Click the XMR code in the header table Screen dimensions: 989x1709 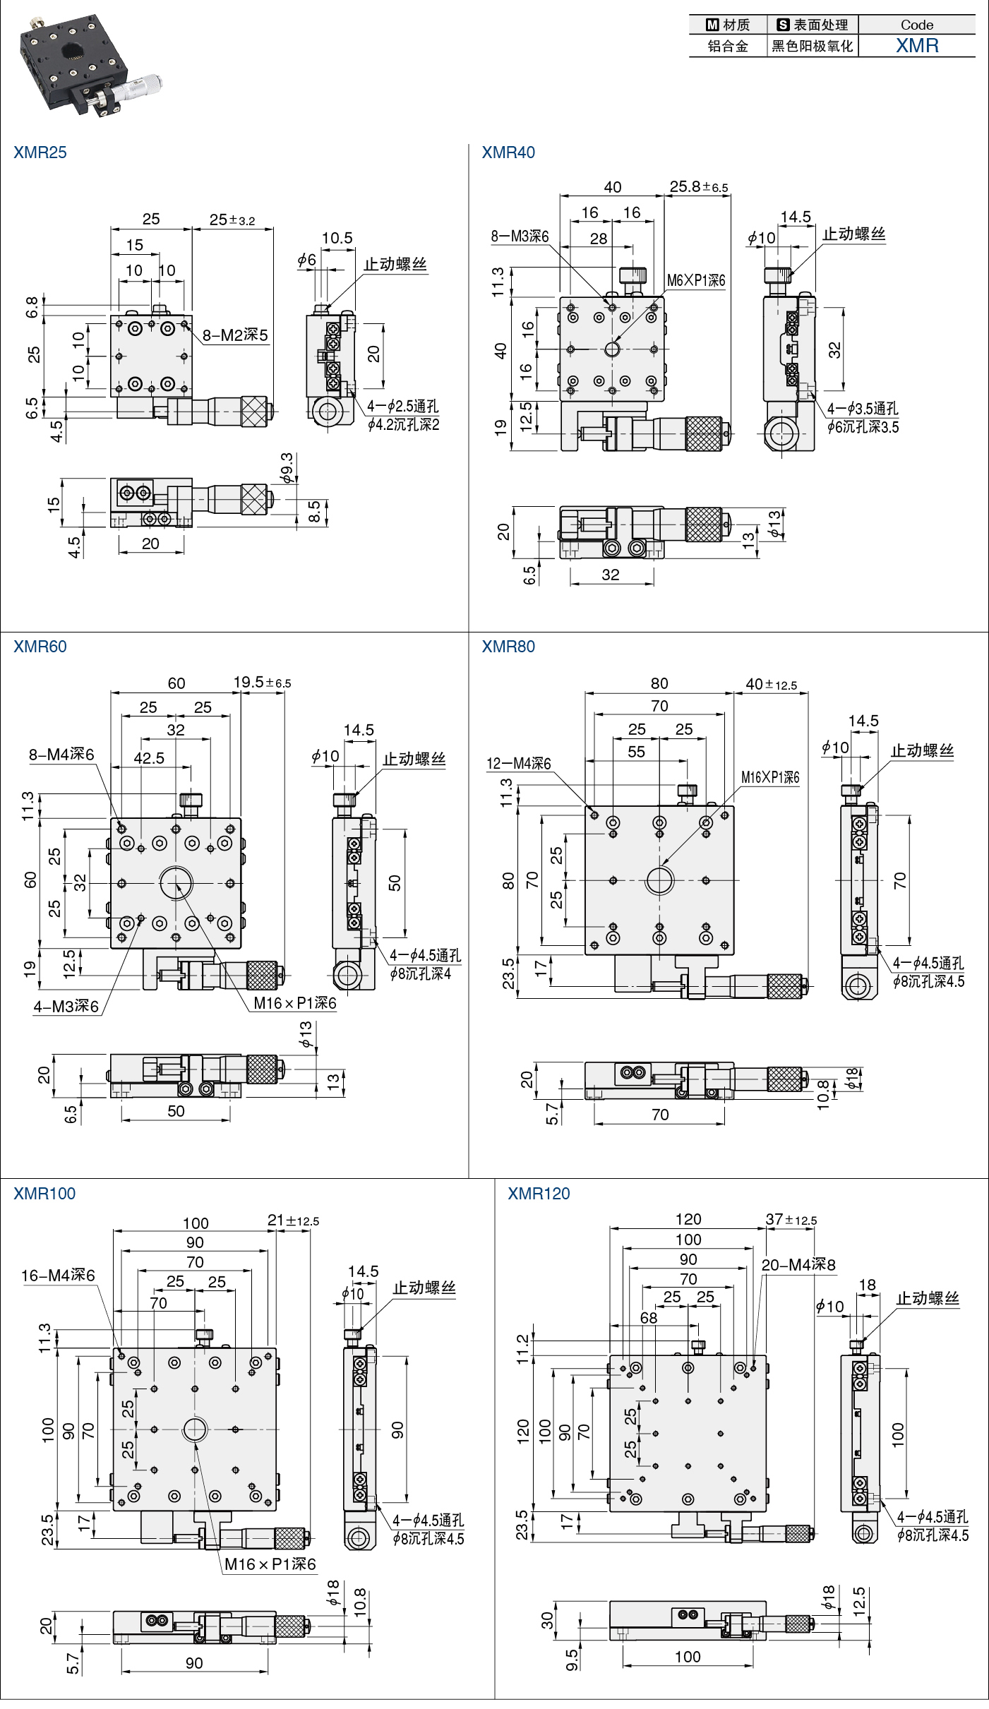click(917, 46)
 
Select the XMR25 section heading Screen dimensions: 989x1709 click(40, 152)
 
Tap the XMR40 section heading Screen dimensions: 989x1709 click(508, 152)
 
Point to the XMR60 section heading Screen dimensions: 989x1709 click(40, 647)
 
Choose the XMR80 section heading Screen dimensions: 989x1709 click(508, 647)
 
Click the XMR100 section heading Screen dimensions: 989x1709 click(44, 1194)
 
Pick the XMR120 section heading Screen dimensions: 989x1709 click(539, 1194)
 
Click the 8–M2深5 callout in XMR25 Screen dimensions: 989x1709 click(236, 335)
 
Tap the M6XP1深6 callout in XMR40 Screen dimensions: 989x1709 click(696, 280)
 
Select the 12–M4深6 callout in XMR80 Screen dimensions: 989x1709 click(519, 763)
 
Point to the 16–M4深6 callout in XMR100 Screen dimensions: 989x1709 click(58, 1276)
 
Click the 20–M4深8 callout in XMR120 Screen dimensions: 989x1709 click(798, 1265)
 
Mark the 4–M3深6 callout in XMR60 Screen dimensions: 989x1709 click(66, 1007)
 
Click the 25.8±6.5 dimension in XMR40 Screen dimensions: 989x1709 click(699, 186)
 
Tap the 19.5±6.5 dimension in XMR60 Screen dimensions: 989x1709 click(262, 682)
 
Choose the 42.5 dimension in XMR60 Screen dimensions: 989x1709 click(149, 758)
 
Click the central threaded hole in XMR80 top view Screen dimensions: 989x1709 click(659, 880)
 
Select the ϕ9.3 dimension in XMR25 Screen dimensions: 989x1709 click(287, 469)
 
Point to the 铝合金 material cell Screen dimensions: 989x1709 click(728, 47)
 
